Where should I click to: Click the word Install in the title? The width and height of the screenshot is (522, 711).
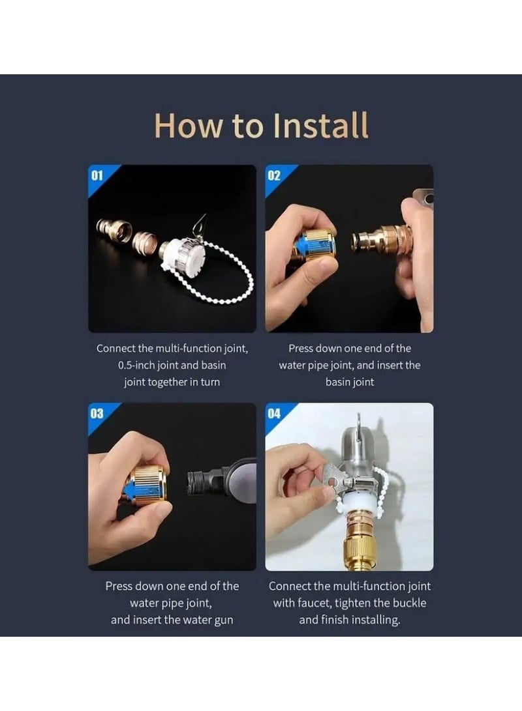point(321,125)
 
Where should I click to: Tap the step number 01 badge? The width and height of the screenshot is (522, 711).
point(97,175)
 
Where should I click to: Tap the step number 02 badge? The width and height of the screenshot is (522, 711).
point(274,175)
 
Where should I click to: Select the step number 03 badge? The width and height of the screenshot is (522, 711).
point(97,414)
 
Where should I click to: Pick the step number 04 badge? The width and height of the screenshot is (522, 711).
point(274,414)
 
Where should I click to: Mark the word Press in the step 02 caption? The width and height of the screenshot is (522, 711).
point(300,348)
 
